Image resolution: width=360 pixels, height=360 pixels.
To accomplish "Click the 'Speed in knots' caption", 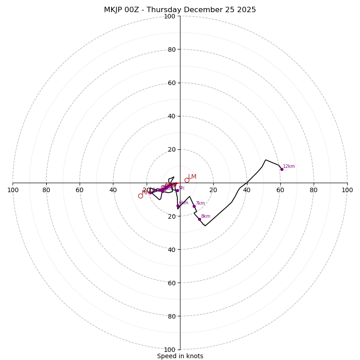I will (180, 356).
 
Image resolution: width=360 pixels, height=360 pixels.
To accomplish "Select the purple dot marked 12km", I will (282, 169).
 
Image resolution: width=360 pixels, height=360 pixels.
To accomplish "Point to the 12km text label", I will (289, 166).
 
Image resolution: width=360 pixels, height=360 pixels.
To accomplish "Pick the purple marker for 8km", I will (199, 219).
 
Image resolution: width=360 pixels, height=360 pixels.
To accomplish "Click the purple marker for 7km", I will (194, 206).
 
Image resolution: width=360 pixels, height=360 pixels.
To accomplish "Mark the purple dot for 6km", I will (178, 206).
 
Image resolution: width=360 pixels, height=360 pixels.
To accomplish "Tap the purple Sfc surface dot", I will (177, 190).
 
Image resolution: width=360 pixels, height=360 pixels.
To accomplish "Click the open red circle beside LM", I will (187, 180).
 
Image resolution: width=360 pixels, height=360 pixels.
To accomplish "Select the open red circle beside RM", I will (140, 196).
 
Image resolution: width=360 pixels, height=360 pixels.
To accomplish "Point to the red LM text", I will (192, 177).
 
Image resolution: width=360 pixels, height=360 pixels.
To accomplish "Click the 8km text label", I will (205, 216).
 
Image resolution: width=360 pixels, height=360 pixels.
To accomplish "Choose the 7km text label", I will (200, 203).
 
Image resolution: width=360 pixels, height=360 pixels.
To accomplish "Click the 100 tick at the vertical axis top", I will (170, 16).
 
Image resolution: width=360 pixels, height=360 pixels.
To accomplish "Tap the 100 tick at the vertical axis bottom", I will (170, 349).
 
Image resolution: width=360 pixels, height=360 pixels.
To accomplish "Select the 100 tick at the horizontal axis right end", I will (347, 190).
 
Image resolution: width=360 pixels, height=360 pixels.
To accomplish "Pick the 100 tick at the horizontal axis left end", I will (13, 190).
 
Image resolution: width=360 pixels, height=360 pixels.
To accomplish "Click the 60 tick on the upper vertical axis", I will (171, 83).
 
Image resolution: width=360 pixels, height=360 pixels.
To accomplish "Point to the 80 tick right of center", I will (314, 190).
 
